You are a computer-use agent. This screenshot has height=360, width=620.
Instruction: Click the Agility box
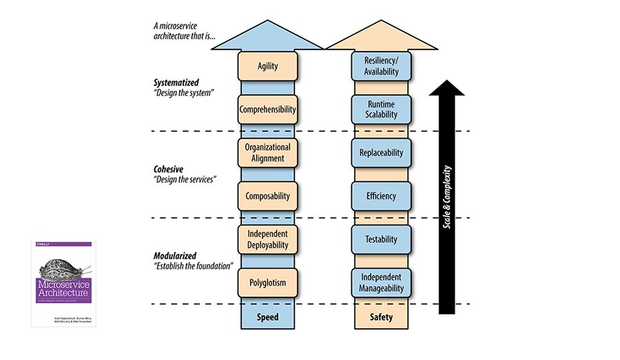[x=267, y=66]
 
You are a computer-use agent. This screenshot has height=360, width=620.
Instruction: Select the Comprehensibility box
[x=267, y=109]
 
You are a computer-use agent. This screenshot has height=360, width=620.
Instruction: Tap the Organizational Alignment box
[x=267, y=152]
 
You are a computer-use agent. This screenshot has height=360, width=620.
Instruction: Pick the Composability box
[x=267, y=195]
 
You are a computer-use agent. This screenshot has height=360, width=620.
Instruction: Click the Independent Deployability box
[x=267, y=239]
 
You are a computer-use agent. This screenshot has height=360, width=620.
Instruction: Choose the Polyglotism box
[x=267, y=282]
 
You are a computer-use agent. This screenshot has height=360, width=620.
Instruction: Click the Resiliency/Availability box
[x=381, y=66]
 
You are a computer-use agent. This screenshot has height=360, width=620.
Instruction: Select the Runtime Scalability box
[x=381, y=109]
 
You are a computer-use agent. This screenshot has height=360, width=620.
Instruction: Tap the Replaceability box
[x=381, y=152]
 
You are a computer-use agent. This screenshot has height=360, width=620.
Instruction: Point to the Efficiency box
[x=381, y=195]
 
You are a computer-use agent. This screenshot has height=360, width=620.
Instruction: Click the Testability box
[x=381, y=239]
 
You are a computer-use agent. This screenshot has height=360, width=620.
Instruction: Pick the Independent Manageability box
[x=381, y=282]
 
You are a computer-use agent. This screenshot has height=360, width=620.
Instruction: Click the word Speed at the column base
[x=267, y=317]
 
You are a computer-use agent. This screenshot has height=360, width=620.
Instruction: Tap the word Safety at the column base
[x=381, y=317]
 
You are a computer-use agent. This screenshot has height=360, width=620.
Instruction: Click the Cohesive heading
[x=169, y=169]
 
